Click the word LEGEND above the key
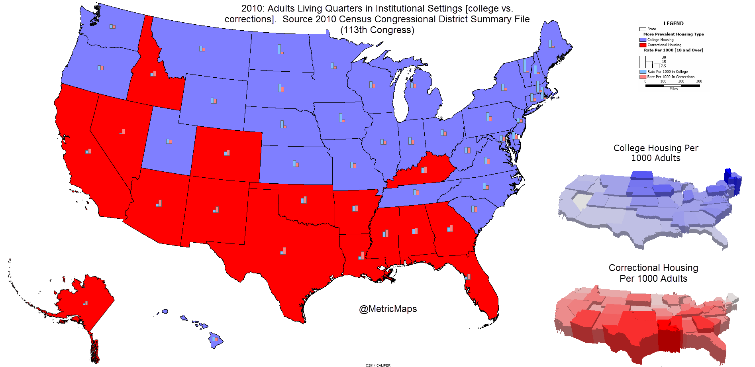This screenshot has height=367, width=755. pyautogui.click(x=673, y=24)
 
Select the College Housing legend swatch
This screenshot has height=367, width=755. pyautogui.click(x=643, y=40)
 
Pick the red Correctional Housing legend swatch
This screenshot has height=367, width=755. pyautogui.click(x=643, y=45)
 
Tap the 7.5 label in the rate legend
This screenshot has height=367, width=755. pyautogui.click(x=663, y=66)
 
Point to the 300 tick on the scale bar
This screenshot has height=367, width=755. pyautogui.click(x=699, y=81)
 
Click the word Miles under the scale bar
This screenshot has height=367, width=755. pyautogui.click(x=673, y=89)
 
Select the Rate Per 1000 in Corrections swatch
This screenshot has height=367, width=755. pyautogui.click(x=643, y=77)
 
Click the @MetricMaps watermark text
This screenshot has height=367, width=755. pyautogui.click(x=388, y=309)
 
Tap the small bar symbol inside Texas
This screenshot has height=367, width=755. pyautogui.click(x=283, y=251)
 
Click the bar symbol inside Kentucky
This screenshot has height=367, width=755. pyautogui.click(x=424, y=170)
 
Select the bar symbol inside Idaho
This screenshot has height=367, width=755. pyautogui.click(x=153, y=74)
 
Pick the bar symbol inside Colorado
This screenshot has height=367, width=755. pyautogui.click(x=227, y=153)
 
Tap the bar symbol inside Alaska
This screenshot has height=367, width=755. pyautogui.click(x=85, y=303)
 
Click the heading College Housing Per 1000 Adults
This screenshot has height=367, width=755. pyautogui.click(x=656, y=153)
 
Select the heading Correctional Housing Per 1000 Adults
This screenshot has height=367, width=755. pyautogui.click(x=653, y=273)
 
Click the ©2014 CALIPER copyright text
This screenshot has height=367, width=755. pyautogui.click(x=378, y=365)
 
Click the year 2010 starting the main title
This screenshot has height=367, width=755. pyautogui.click(x=252, y=8)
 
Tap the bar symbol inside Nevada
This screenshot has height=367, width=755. pyautogui.click(x=122, y=131)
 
